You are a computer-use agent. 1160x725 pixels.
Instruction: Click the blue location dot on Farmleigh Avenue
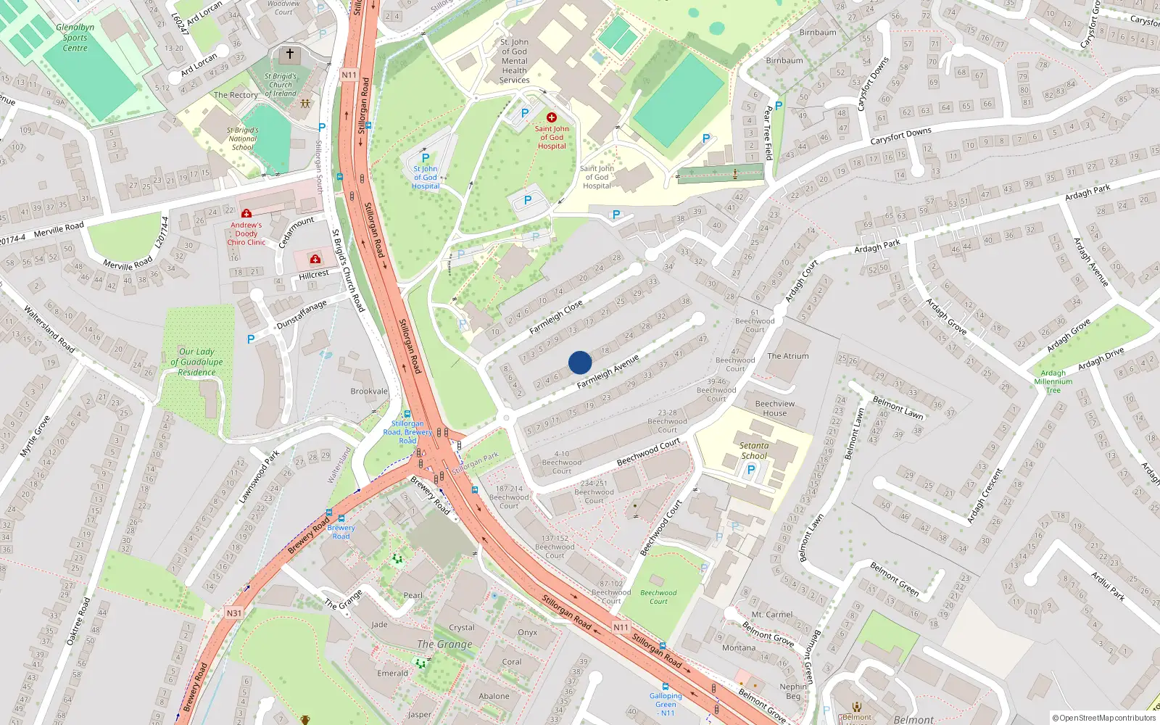pos(580,362)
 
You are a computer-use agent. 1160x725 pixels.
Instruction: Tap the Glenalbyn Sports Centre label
pos(75,38)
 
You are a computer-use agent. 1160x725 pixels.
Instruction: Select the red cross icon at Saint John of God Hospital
pos(552,117)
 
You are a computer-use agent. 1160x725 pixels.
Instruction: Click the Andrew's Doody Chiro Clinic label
pos(246,233)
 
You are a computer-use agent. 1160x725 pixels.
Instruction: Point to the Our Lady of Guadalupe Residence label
pos(196,362)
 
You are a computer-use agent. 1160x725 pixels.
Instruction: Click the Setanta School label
pos(754,451)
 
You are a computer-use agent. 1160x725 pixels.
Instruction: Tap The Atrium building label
pos(788,356)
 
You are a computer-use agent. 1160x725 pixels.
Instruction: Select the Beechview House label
pos(775,408)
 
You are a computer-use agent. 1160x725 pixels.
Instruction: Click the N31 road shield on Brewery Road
pos(233,613)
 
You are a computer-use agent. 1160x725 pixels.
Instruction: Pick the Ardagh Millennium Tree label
pos(1053,381)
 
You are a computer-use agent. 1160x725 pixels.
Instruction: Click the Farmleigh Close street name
pos(556,318)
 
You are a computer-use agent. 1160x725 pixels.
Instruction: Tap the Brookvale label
pos(369,391)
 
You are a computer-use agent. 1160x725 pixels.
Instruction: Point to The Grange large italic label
pos(444,644)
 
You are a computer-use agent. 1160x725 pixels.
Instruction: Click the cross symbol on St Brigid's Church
pos(290,54)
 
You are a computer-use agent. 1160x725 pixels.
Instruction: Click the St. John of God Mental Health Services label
pos(515,61)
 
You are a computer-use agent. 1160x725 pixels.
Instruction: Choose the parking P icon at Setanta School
pos(751,470)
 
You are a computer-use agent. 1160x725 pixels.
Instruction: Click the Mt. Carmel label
pos(772,615)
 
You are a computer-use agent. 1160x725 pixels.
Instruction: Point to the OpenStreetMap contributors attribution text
pos(1104,718)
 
